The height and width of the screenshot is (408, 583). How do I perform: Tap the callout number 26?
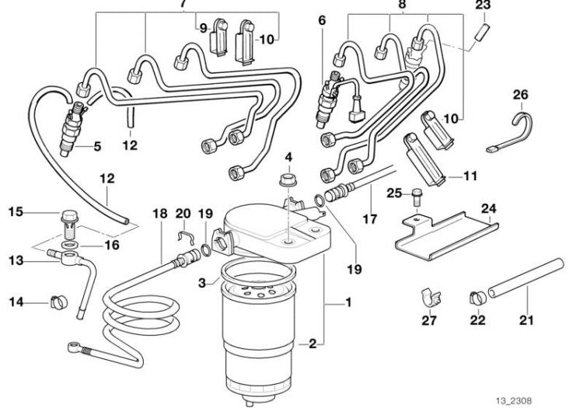click(x=520, y=95)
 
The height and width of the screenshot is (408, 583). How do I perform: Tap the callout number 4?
click(x=289, y=158)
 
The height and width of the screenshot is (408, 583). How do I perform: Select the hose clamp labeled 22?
click(x=476, y=297)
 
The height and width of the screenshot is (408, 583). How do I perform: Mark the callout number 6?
click(x=322, y=22)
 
